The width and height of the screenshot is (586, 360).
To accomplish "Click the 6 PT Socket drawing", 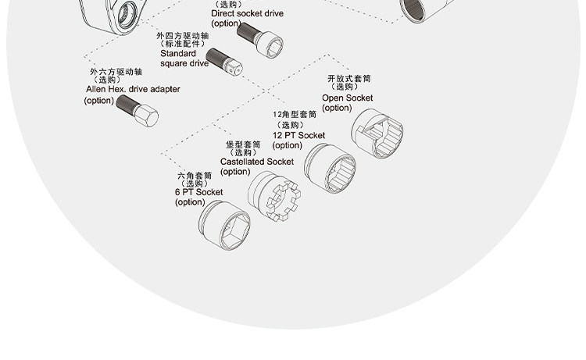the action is point(224,225).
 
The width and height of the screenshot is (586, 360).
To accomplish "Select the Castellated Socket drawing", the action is point(273,197).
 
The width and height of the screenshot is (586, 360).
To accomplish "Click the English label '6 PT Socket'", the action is point(198,192).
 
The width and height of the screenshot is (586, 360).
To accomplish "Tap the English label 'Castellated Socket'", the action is point(256,162).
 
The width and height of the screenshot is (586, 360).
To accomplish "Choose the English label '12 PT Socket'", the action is point(298,135).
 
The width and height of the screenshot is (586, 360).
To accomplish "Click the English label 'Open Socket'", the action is point(347,98).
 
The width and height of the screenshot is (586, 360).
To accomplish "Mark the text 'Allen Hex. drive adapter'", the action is point(132,89).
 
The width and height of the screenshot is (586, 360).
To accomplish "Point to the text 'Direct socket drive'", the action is point(247,13).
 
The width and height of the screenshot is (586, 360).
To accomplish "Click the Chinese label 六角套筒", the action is point(195,175).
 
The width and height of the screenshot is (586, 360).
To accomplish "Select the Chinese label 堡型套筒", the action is point(243,144).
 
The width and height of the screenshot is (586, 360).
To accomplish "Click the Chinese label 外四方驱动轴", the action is point(184,36).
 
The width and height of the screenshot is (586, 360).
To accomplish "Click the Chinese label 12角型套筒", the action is point(295,115).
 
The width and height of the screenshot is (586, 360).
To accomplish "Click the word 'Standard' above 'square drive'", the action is point(173,54).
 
